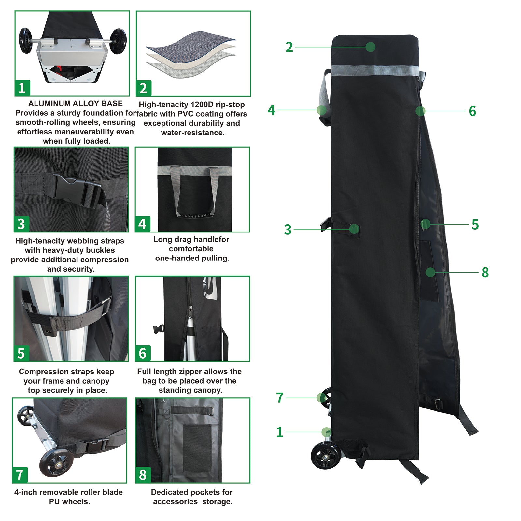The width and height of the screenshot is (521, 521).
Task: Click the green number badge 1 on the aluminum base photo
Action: [x=22, y=88]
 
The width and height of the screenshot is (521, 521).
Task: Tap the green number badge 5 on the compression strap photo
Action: [x=21, y=353]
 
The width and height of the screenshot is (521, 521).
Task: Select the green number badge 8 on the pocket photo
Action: [x=143, y=475]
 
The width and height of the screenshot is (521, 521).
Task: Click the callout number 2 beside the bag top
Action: [x=289, y=47]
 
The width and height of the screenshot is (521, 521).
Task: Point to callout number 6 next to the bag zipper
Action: [x=472, y=111]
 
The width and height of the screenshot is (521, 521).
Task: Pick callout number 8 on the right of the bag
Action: [x=485, y=272]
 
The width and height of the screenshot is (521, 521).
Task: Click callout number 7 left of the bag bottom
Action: [x=280, y=398]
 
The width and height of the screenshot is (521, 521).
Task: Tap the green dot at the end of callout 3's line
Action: [x=354, y=229]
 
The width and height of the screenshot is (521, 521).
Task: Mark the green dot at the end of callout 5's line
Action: [x=425, y=224]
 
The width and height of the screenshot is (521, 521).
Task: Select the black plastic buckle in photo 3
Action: [x=78, y=190]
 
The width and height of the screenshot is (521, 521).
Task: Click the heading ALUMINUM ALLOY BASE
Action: [x=76, y=104]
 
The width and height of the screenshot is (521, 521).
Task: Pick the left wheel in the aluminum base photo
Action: [x=25, y=41]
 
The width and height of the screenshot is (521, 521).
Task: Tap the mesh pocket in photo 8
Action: [x=197, y=448]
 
